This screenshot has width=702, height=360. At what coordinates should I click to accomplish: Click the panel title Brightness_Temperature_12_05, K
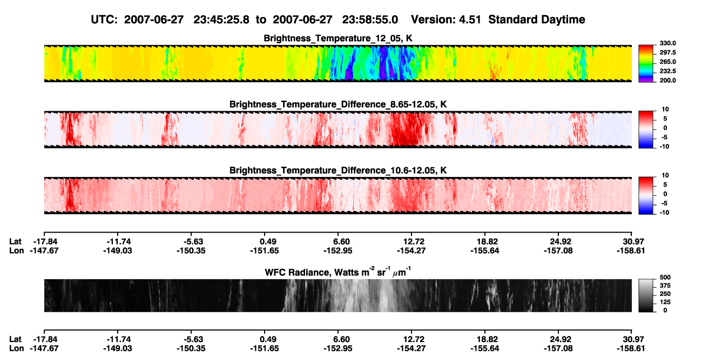(338, 38)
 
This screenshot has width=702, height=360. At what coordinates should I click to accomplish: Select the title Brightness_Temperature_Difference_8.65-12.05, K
(338, 104)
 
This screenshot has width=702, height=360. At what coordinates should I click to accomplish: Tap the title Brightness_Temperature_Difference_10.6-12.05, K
(338, 171)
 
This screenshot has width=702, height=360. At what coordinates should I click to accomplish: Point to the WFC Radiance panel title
(338, 271)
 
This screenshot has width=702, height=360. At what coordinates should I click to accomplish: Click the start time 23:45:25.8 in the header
(221, 20)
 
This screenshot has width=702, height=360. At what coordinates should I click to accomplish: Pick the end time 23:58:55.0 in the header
(370, 20)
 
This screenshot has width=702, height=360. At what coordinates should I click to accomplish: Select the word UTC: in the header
(104, 20)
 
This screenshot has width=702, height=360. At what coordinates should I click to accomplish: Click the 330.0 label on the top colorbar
(667, 43)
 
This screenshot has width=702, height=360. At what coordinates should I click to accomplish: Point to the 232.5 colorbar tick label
(667, 71)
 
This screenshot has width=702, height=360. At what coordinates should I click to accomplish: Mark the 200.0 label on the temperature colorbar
(667, 80)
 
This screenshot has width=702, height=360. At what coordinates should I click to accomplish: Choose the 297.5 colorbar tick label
(667, 53)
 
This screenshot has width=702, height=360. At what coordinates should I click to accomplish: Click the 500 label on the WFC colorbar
(665, 277)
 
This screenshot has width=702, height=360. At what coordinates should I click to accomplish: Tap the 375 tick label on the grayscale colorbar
(665, 286)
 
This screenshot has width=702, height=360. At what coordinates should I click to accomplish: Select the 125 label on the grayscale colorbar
(665, 302)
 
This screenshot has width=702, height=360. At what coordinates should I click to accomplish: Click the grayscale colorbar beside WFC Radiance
(646, 295)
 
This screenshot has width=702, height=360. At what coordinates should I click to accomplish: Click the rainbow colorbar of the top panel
(646, 64)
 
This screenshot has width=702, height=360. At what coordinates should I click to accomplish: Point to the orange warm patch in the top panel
(494, 71)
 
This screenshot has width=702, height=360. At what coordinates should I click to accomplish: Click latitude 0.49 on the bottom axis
(268, 339)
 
